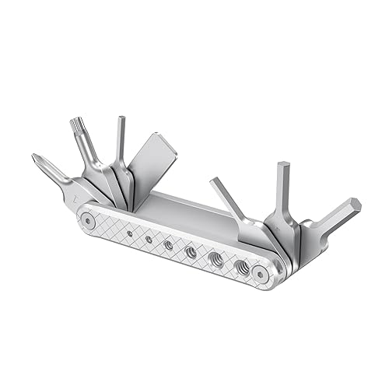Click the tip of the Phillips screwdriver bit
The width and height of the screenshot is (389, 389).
(x=37, y=159)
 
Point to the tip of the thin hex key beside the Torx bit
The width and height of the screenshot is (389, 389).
(x=121, y=121)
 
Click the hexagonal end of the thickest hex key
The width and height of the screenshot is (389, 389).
(x=352, y=207)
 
